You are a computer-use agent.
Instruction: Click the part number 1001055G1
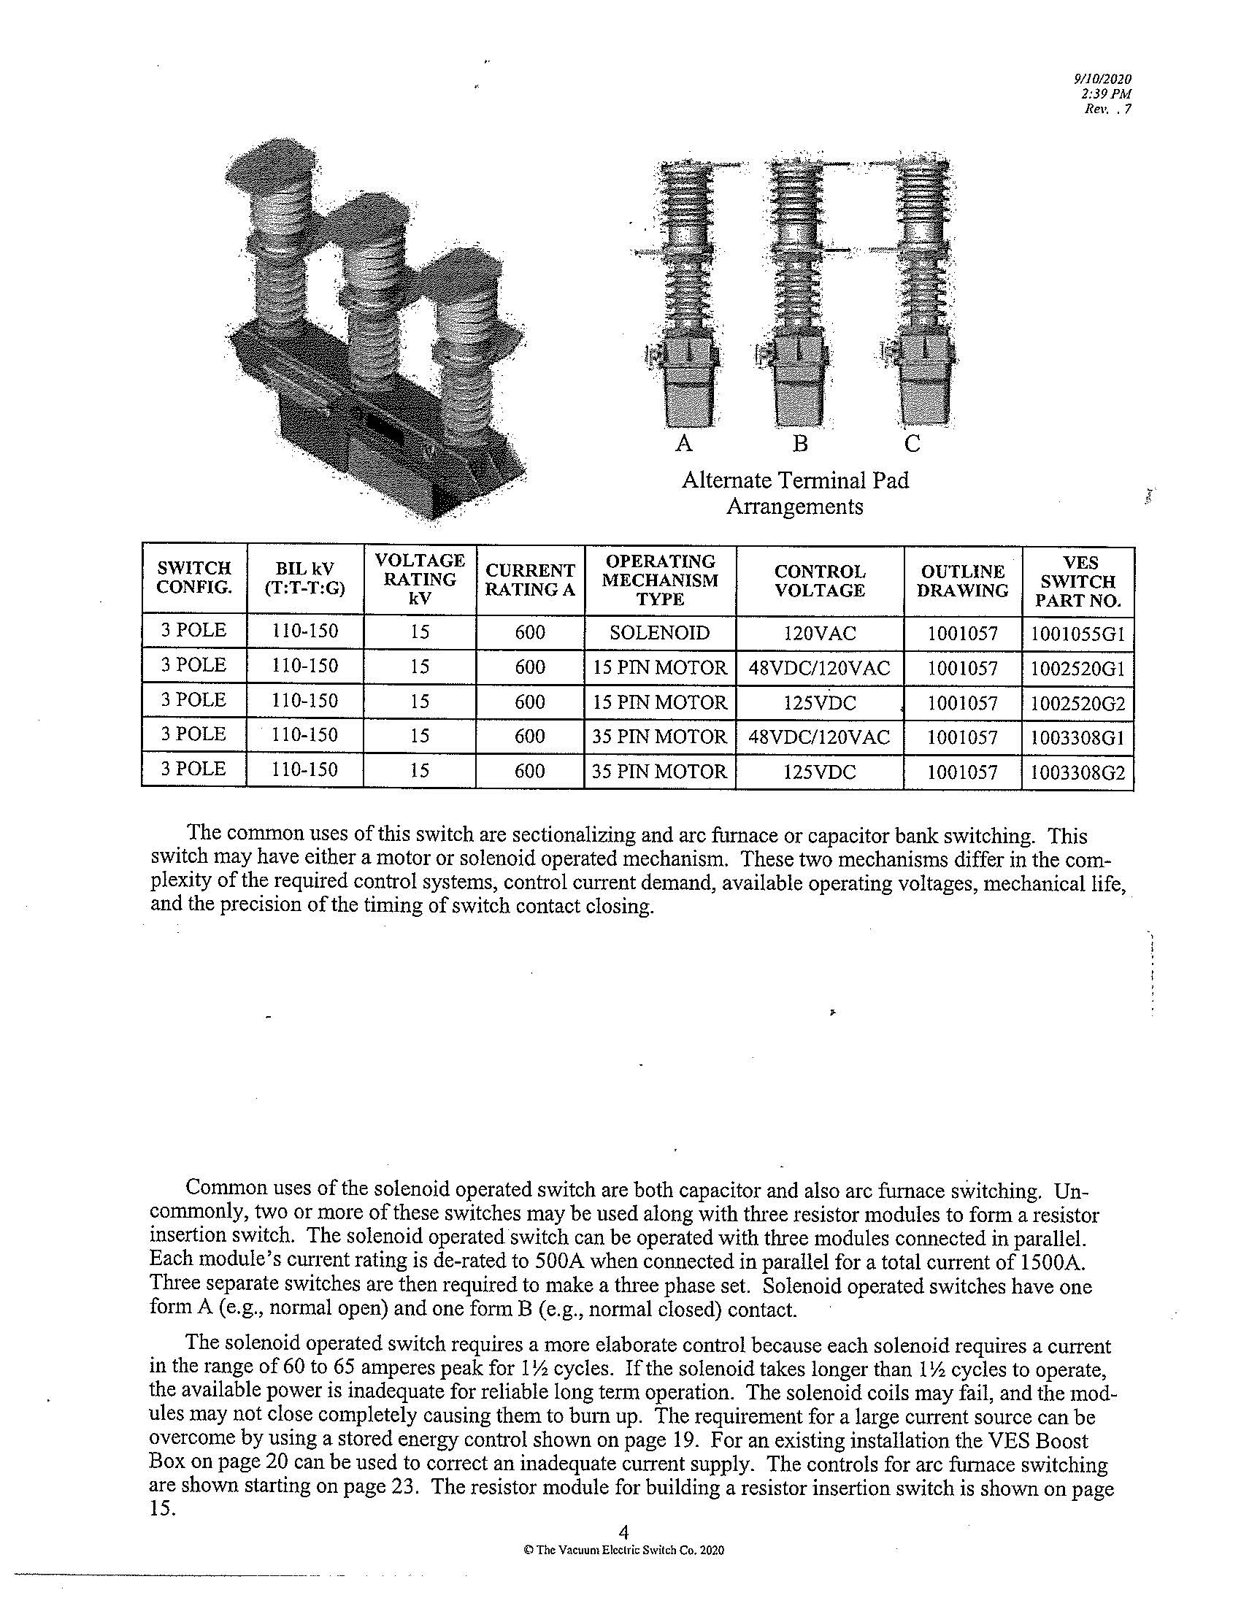pyautogui.click(x=1077, y=634)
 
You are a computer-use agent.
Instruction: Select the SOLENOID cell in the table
pyautogui.click(x=659, y=632)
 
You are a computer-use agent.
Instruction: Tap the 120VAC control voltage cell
pyautogui.click(x=820, y=633)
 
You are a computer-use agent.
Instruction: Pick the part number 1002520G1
pyautogui.click(x=1077, y=669)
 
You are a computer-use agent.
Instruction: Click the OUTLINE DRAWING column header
pyautogui.click(x=963, y=581)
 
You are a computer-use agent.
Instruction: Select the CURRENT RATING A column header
pyautogui.click(x=529, y=580)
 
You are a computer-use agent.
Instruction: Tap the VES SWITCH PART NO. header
pyautogui.click(x=1077, y=582)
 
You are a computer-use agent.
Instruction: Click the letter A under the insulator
pyautogui.click(x=684, y=443)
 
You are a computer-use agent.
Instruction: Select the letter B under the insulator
pyautogui.click(x=800, y=443)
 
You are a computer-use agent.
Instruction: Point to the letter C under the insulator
pyautogui.click(x=912, y=443)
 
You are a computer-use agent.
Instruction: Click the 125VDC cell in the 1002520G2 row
pyautogui.click(x=820, y=704)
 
